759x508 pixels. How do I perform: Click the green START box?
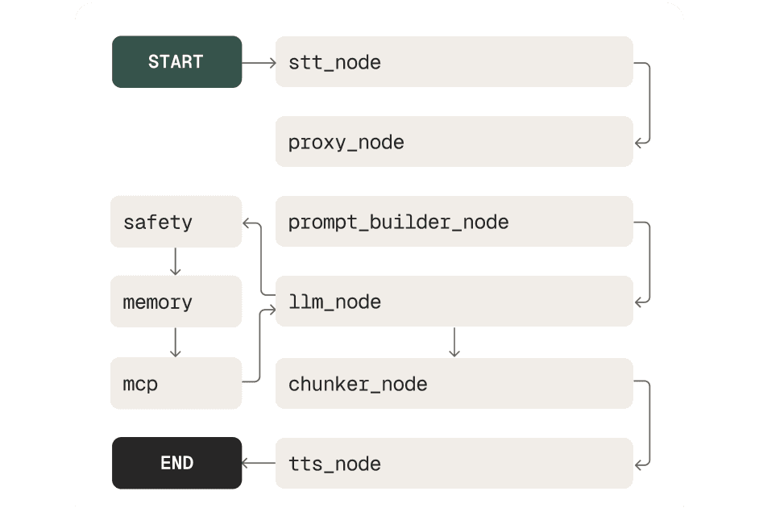(x=176, y=62)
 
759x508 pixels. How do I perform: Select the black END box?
(x=176, y=463)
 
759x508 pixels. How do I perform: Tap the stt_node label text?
(x=334, y=62)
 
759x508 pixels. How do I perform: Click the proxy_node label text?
(x=346, y=143)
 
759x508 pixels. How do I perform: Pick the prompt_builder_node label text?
(x=398, y=222)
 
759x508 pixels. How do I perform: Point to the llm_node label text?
(x=334, y=302)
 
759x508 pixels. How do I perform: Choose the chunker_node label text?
(x=357, y=384)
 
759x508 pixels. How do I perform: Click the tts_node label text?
(x=334, y=464)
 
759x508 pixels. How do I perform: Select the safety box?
(x=176, y=222)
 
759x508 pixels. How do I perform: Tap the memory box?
(x=176, y=302)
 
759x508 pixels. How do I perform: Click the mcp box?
(x=176, y=384)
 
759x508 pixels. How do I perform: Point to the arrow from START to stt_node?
(x=259, y=62)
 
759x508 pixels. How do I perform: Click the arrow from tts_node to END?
(x=259, y=463)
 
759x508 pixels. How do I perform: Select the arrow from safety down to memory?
(x=176, y=261)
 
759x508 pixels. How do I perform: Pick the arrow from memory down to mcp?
(x=176, y=343)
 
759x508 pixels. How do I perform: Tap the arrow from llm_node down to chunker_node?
(x=454, y=342)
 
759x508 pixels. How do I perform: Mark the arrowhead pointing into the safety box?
(x=247, y=222)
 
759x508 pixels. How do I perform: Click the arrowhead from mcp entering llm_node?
(x=271, y=303)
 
